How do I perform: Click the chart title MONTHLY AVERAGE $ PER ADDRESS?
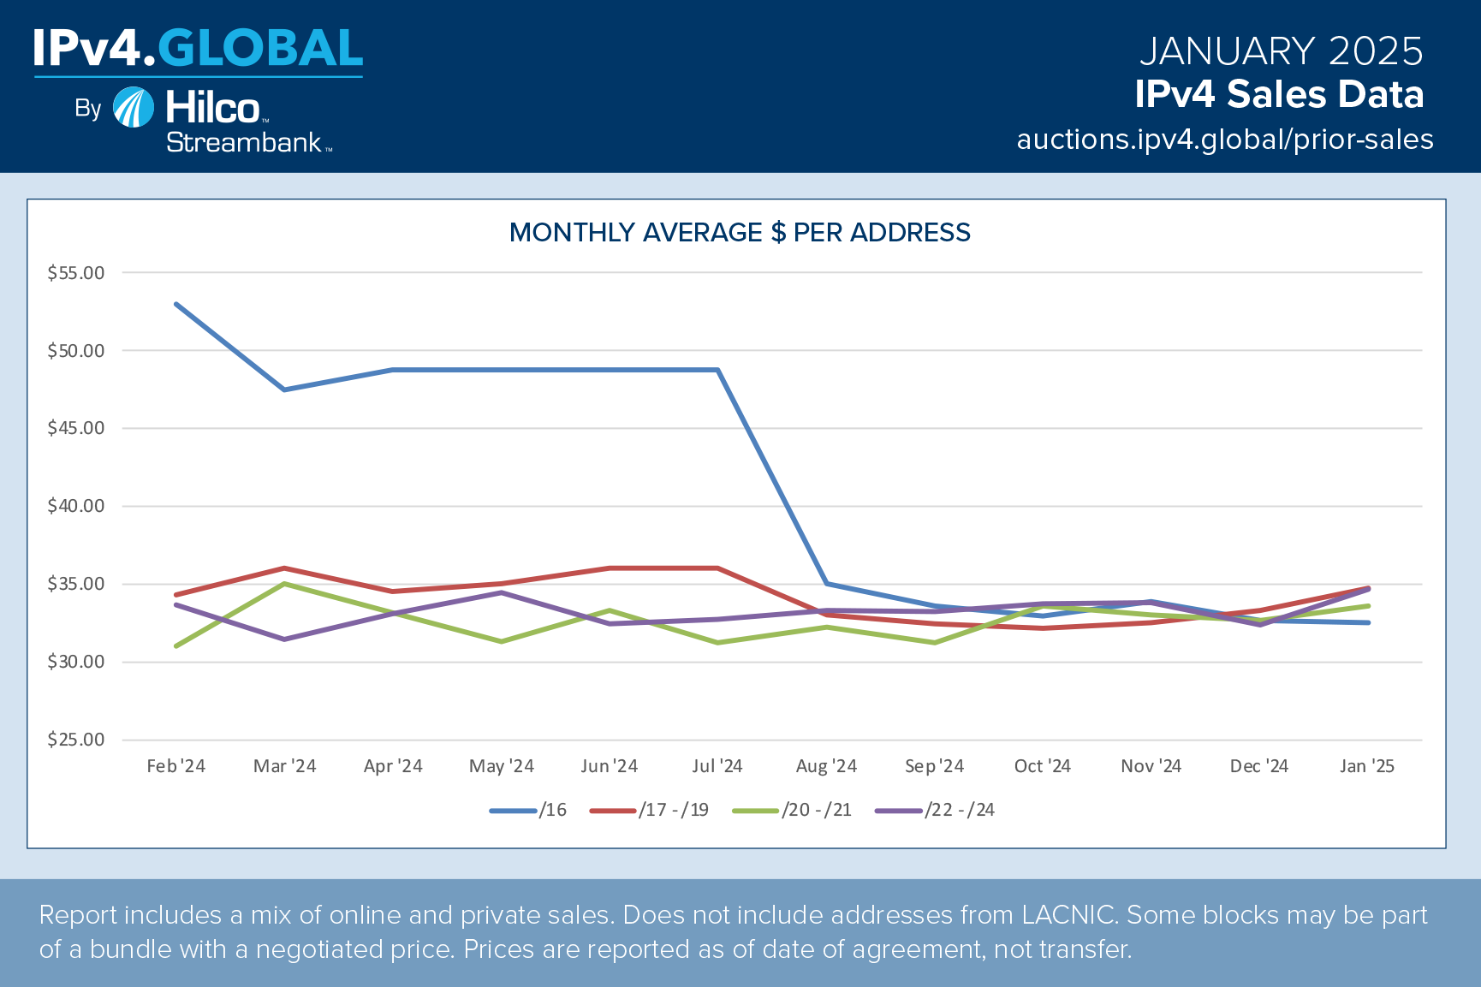coord(740,233)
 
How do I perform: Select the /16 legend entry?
coord(528,810)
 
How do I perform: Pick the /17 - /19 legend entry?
coord(650,810)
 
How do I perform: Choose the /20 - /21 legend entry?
coord(793,810)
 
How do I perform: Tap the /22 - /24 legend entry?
coord(935,810)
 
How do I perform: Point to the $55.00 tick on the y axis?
coord(76,273)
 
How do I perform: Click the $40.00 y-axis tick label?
coord(76,506)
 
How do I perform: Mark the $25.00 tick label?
coord(76,740)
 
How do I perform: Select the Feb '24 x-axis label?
coord(176,766)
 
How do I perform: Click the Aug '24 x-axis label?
coord(826,766)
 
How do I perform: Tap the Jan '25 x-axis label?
coord(1367,766)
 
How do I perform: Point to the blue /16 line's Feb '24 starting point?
coord(176,304)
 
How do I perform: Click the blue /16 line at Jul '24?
coord(717,370)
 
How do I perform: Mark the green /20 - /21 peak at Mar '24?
coord(284,584)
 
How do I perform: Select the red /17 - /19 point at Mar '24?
coord(284,568)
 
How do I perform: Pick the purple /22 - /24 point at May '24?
coord(502,592)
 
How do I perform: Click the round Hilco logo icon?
coord(134,108)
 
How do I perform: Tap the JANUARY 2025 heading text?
coord(1281,51)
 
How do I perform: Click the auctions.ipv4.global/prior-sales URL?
coord(1224,140)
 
